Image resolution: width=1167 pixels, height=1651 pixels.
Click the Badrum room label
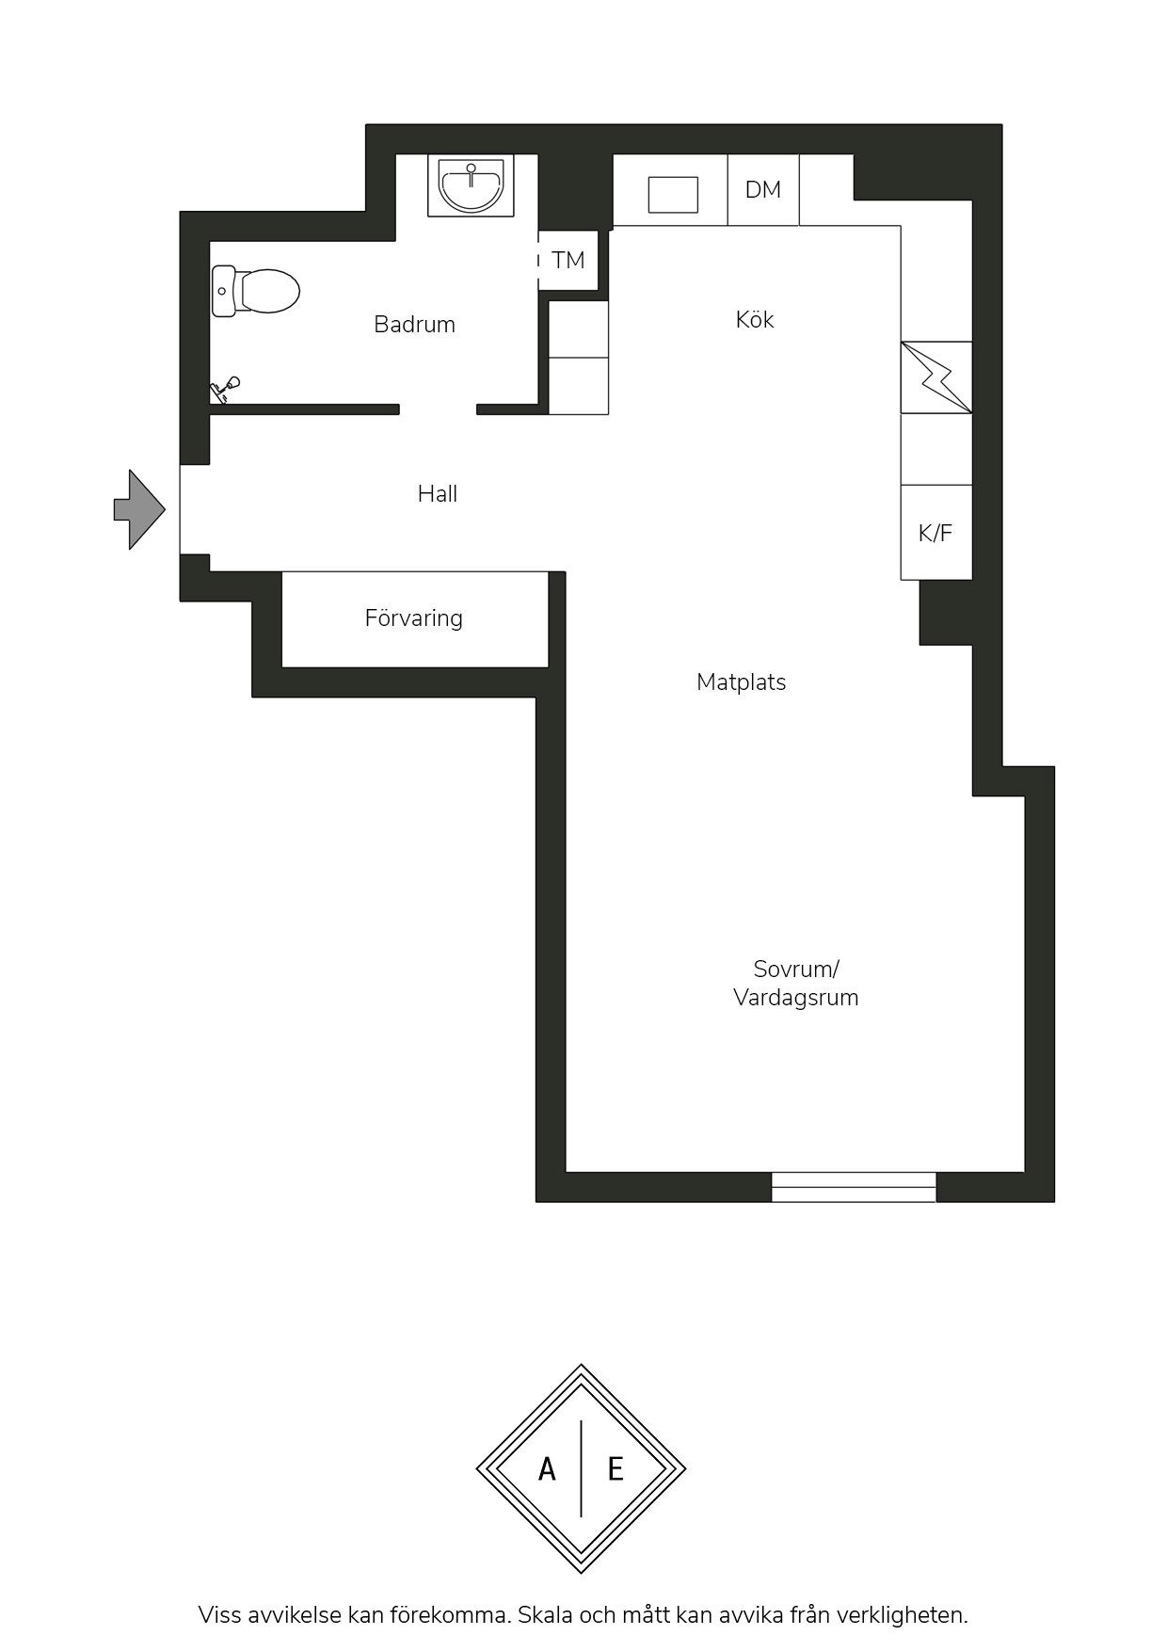click(414, 325)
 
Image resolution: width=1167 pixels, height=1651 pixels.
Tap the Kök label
click(755, 319)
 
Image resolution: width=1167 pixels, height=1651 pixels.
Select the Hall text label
click(438, 493)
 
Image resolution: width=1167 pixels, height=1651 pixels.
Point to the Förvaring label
click(414, 618)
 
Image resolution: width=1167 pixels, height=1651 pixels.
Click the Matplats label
click(742, 682)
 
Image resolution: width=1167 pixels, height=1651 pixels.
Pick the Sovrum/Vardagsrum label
click(796, 983)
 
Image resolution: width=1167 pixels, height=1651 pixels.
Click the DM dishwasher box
click(763, 189)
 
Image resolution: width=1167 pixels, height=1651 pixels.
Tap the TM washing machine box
click(568, 260)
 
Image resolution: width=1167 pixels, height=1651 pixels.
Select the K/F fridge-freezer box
click(936, 533)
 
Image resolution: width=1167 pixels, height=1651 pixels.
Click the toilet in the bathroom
click(256, 291)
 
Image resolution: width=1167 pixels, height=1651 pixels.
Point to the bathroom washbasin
click(472, 185)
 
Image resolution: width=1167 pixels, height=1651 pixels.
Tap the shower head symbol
click(225, 389)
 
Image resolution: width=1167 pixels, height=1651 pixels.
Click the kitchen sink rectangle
click(674, 195)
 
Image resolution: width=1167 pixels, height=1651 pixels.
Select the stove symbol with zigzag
click(936, 377)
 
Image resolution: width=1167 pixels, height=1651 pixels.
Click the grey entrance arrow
click(139, 509)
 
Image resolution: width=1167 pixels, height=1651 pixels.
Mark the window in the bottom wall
click(854, 1187)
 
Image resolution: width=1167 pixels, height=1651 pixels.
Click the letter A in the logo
click(547, 1468)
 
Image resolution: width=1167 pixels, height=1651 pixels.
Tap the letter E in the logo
click(615, 1468)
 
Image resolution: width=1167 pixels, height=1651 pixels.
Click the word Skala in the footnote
click(547, 1615)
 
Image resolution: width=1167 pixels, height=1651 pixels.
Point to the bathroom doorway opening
click(439, 409)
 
